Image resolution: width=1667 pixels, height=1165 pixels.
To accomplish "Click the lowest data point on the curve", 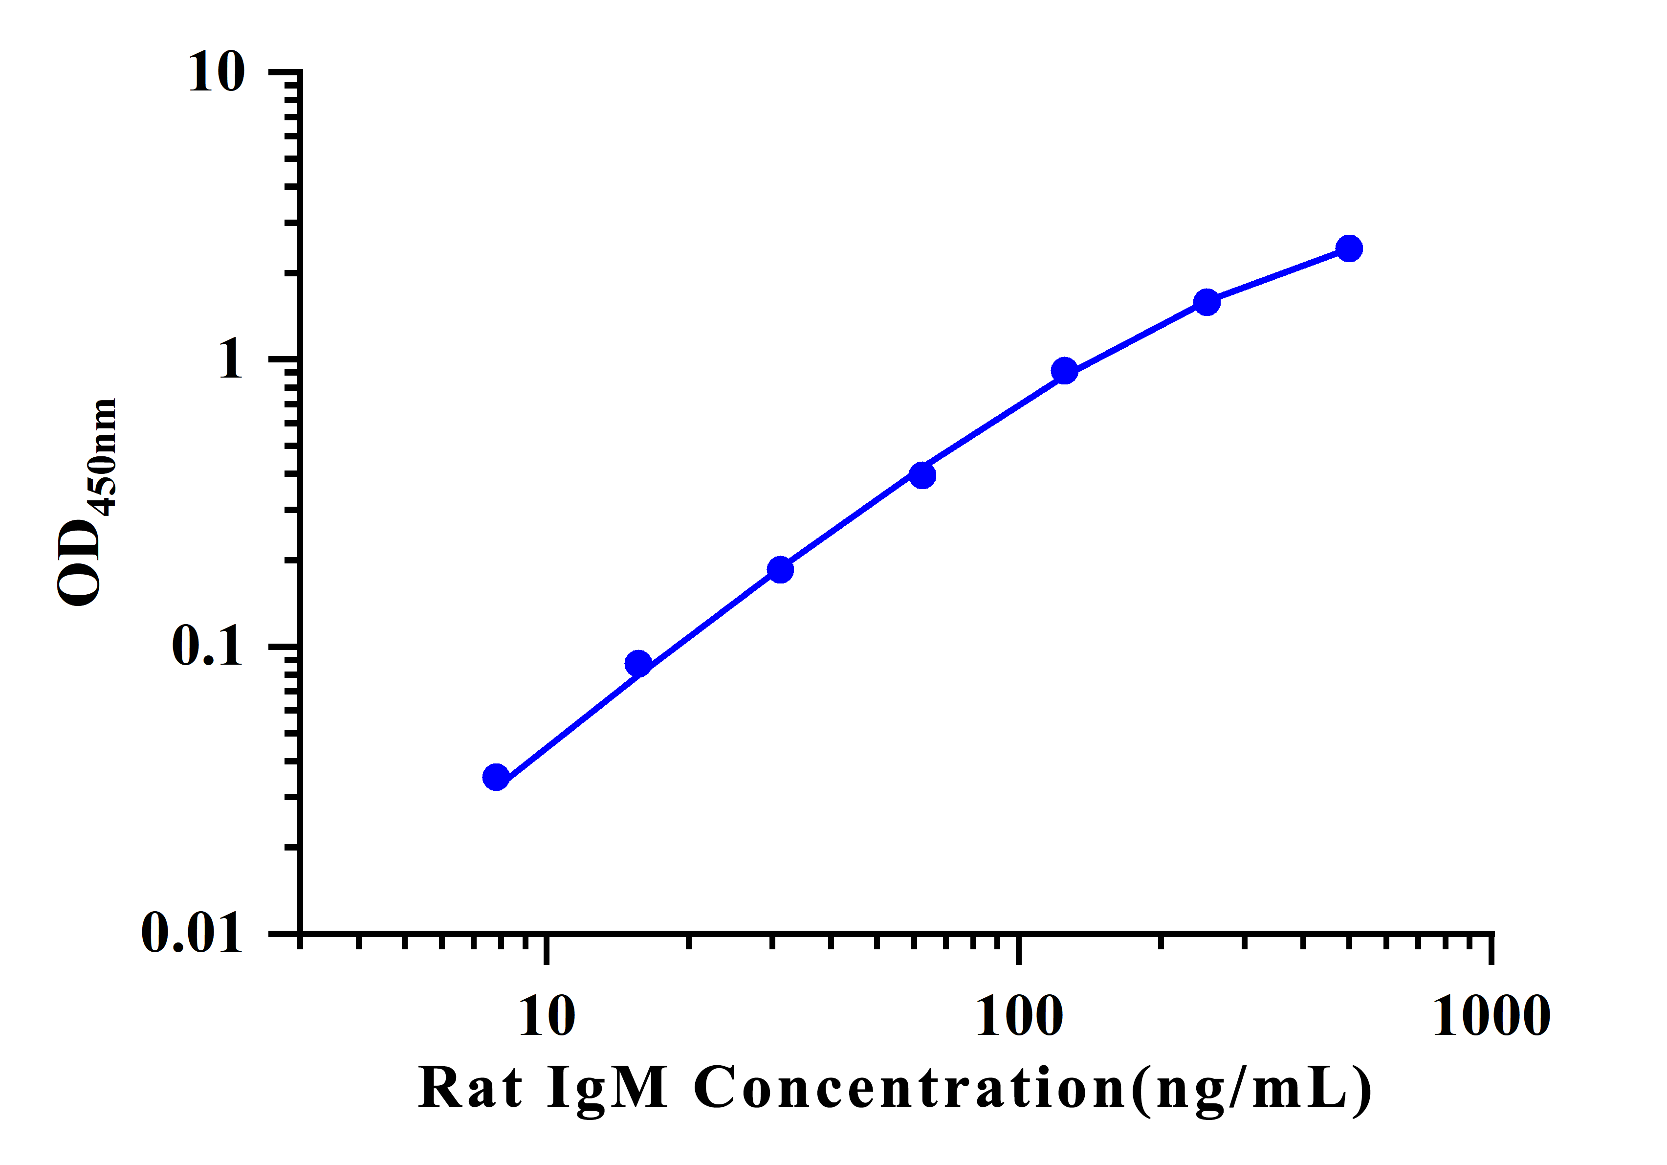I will (x=496, y=777).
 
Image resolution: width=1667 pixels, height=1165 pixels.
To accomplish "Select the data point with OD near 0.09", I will (x=638, y=663).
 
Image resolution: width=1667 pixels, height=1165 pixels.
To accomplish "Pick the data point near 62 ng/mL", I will (x=922, y=475).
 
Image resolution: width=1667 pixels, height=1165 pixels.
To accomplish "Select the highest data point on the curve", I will (x=1349, y=248).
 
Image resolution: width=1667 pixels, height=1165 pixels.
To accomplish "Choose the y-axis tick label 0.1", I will (x=207, y=646).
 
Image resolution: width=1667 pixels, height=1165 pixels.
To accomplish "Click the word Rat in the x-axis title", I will (x=470, y=1088).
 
